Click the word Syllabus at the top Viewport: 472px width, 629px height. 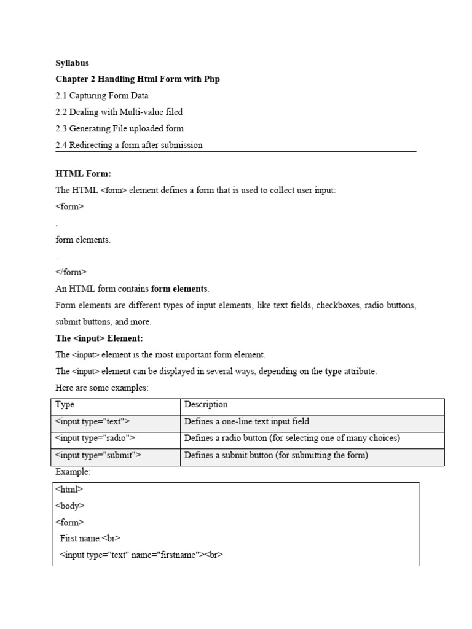coord(72,63)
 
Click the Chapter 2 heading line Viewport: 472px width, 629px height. coord(138,79)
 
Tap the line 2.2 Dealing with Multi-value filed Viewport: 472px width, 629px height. coord(119,112)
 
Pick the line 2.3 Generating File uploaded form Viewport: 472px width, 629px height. coord(119,129)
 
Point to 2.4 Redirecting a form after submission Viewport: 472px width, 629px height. coord(129,146)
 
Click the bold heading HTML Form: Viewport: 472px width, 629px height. coord(83,174)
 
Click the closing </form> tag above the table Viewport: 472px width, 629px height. coord(71,272)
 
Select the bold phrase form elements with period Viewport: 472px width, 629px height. coord(180,289)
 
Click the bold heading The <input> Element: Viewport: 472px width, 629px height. coord(99,338)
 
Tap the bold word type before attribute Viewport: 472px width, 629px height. coord(333,372)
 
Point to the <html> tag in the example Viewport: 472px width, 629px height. coord(69,490)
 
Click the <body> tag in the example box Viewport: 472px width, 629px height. coord(69,506)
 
